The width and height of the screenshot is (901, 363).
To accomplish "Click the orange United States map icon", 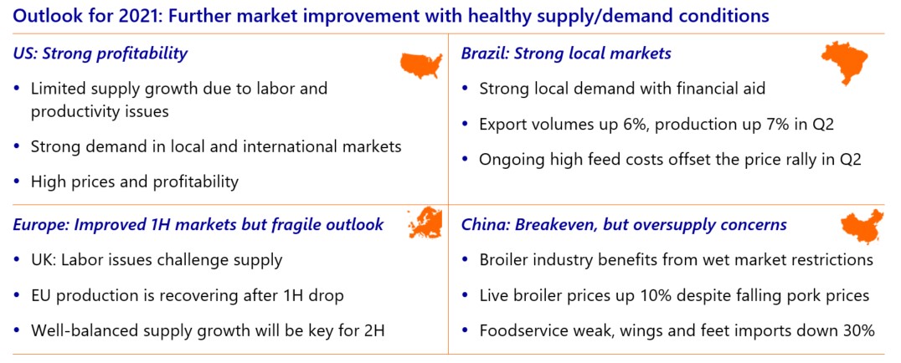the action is click(x=421, y=65).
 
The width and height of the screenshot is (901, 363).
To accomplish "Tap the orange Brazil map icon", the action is click(x=844, y=61).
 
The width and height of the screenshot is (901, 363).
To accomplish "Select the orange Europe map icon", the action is click(x=425, y=223).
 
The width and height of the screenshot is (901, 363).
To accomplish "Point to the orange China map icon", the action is click(x=862, y=225).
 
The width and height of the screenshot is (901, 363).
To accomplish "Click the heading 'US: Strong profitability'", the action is click(x=100, y=54).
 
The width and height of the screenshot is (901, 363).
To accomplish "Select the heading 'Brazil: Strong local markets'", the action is click(x=566, y=54).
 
